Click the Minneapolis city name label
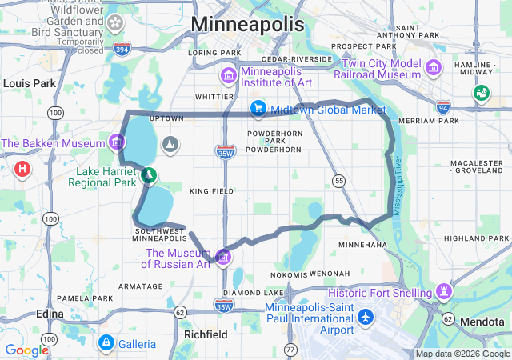click(x=247, y=24)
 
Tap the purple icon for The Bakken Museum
click(x=118, y=143)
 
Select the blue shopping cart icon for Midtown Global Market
click(x=258, y=108)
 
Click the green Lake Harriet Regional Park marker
click(x=148, y=174)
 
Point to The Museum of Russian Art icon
click(x=223, y=257)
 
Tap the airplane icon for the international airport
click(x=366, y=317)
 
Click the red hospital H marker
click(x=23, y=169)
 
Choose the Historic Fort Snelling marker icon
click(x=444, y=290)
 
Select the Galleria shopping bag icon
click(x=105, y=343)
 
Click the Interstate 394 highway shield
click(x=122, y=50)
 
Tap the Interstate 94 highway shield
click(x=444, y=106)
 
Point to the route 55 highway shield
click(x=339, y=182)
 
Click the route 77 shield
click(x=290, y=350)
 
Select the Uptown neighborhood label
click(x=167, y=118)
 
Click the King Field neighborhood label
click(x=212, y=192)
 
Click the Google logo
click(x=26, y=350)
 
